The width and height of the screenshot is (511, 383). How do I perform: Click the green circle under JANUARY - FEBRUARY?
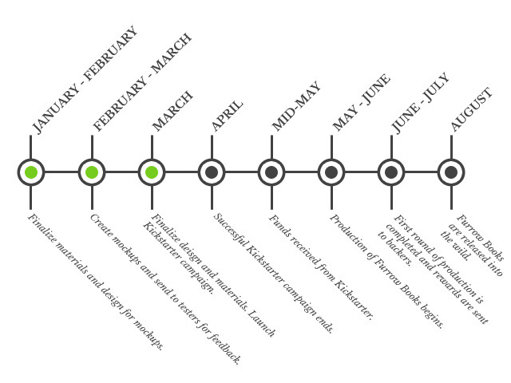pos(31,172)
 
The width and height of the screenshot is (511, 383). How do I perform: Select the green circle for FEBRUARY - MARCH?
pos(92,172)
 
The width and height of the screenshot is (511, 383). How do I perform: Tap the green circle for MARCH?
pos(152,172)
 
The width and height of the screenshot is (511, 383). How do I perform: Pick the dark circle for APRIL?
pos(212,172)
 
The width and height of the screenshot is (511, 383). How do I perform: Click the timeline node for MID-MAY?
pos(271,172)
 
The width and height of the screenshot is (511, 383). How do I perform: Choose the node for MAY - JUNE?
pos(331,172)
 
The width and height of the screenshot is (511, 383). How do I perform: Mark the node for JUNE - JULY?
pos(391,172)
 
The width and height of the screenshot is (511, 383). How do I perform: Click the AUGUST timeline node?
pos(451,172)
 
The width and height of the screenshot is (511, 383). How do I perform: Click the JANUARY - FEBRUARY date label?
pos(85,80)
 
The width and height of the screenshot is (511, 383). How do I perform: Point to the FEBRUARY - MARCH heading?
pos(142,82)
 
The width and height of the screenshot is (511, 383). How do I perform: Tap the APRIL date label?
pos(227,115)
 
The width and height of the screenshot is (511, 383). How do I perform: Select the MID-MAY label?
pos(295,106)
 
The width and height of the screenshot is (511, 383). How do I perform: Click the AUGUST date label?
pos(471,110)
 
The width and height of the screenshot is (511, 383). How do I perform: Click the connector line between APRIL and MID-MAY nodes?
pos(241,172)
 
